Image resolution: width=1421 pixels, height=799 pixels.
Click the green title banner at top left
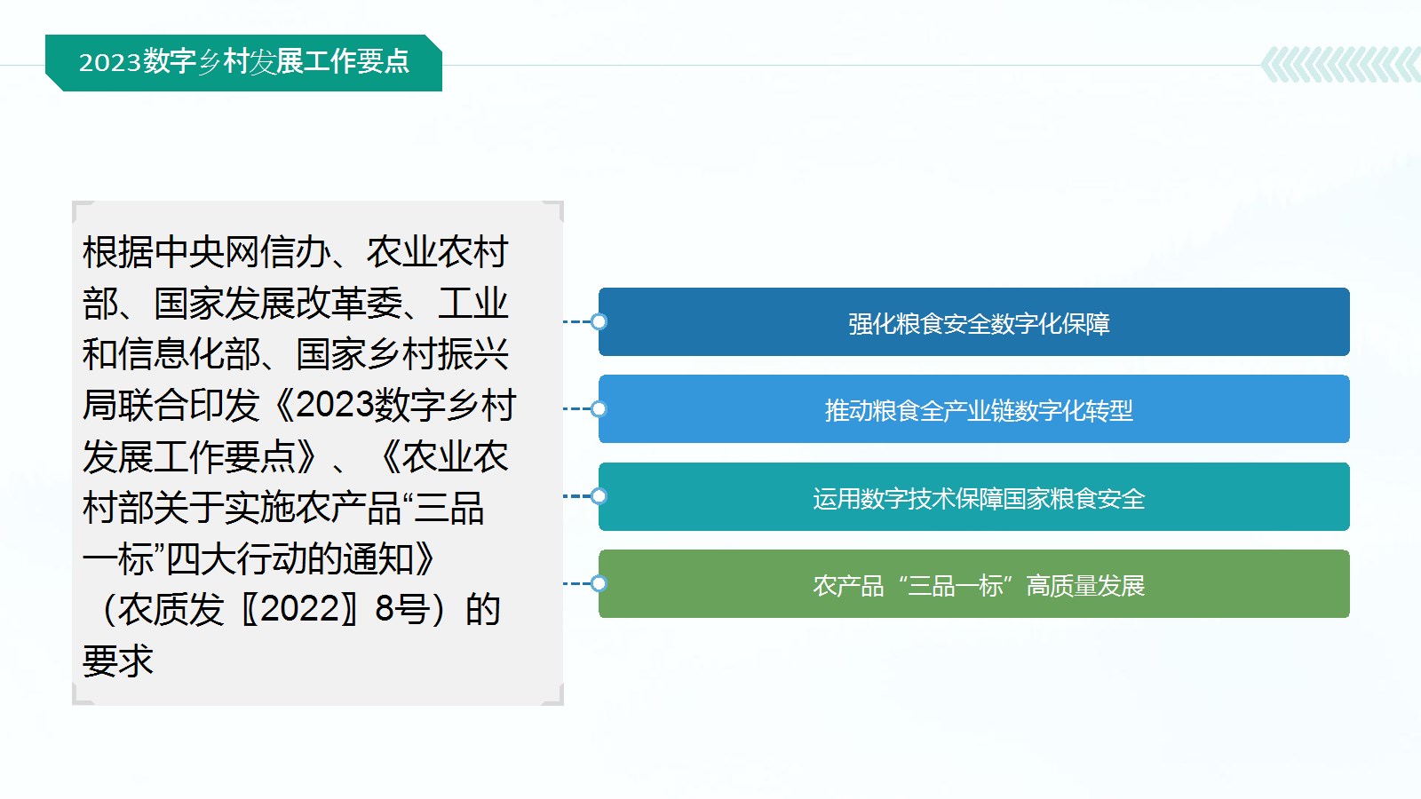point(243,63)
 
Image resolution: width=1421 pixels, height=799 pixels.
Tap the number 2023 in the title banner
point(110,63)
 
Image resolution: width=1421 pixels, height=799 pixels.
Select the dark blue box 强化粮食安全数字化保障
point(973,321)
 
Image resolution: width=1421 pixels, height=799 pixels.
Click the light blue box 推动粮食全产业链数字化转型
point(973,409)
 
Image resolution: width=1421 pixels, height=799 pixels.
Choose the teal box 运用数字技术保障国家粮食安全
point(973,496)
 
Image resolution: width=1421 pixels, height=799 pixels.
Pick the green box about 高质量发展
point(973,583)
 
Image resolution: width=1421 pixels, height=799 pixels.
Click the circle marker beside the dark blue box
point(599,321)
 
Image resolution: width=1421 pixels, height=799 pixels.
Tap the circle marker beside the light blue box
point(599,409)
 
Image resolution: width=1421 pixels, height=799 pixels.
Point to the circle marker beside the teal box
point(599,496)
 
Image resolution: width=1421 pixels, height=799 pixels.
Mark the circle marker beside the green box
point(599,583)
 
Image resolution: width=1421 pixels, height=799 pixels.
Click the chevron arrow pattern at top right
point(1341,64)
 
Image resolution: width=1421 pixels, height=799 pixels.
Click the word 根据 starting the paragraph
point(118,252)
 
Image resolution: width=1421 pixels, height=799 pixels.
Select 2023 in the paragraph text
point(334,405)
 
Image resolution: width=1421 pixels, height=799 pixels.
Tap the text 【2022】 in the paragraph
point(299,609)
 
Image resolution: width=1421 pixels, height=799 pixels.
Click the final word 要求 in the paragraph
point(118,661)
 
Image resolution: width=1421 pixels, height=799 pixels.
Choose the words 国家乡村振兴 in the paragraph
point(402,354)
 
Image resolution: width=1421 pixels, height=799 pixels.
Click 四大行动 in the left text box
point(237,558)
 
